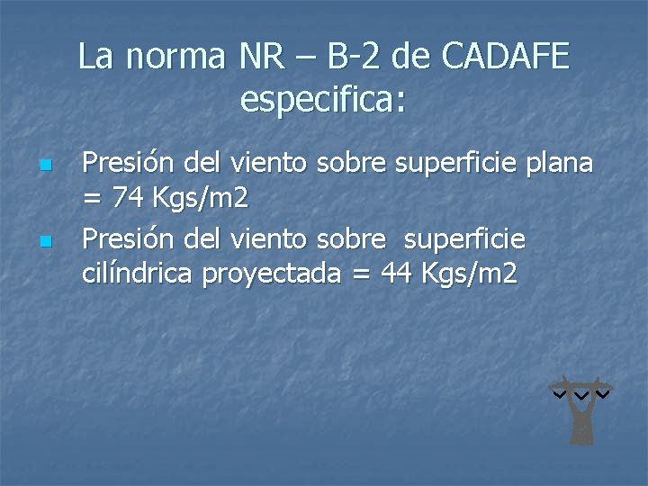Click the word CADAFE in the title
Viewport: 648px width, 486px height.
click(506, 57)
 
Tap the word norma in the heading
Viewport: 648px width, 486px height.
click(176, 57)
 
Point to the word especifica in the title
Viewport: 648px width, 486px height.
click(322, 99)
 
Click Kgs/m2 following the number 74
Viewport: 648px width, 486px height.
click(202, 195)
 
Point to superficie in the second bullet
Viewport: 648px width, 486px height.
click(464, 239)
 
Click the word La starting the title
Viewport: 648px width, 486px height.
click(96, 57)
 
